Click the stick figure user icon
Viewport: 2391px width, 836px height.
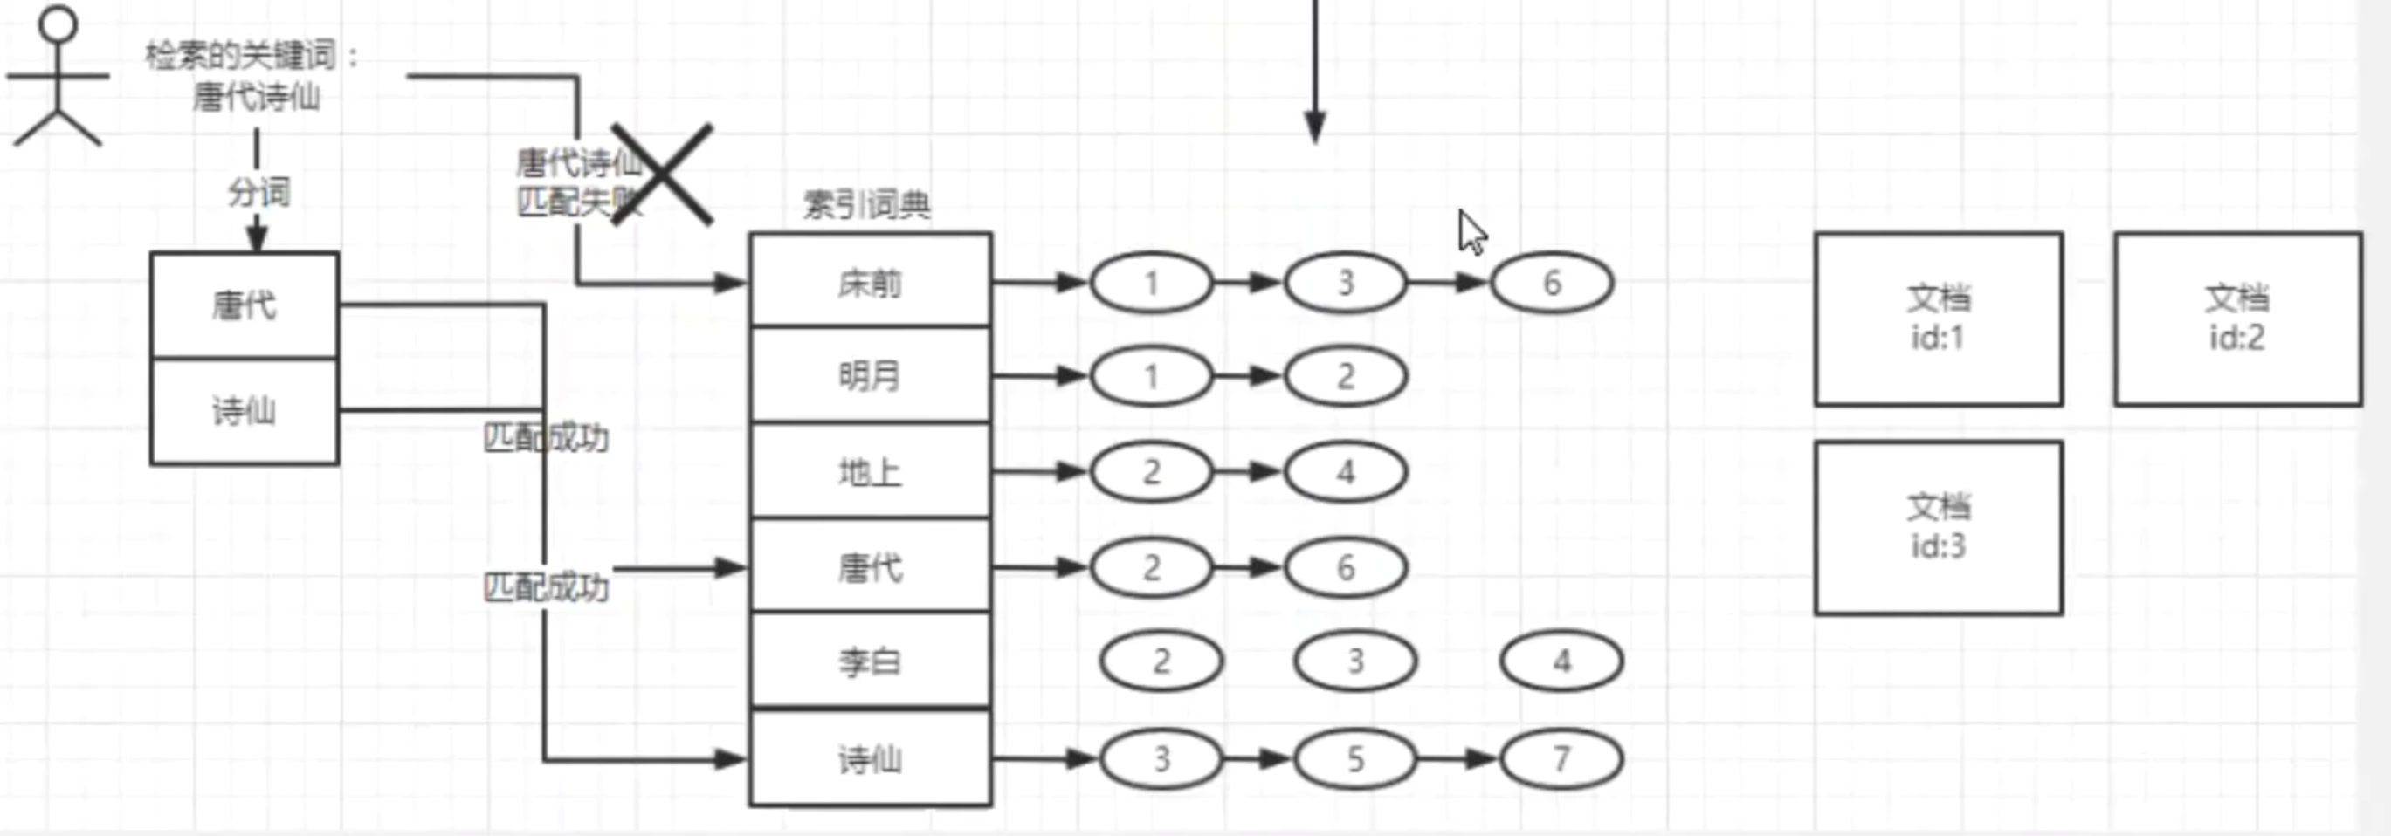click(58, 78)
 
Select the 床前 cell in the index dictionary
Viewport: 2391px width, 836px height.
click(870, 282)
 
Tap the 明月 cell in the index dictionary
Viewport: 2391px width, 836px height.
click(870, 376)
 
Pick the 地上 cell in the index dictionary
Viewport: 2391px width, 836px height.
click(870, 471)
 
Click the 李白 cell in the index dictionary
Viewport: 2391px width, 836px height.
click(870, 661)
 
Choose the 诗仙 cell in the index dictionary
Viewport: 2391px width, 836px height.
click(870, 759)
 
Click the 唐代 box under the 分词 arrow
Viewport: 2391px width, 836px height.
click(245, 305)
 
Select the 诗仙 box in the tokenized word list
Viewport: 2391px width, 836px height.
click(245, 411)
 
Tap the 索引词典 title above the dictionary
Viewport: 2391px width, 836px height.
click(866, 204)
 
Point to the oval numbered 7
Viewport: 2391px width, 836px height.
click(1561, 759)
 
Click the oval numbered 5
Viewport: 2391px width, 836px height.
click(1355, 759)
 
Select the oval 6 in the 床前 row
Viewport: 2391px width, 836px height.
click(1551, 282)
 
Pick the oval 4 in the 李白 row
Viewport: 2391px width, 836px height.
click(1561, 661)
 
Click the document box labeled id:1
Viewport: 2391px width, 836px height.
click(1938, 319)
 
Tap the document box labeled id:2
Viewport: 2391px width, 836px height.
click(2237, 319)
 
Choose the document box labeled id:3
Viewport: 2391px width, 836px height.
click(1938, 527)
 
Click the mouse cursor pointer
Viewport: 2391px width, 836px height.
click(1471, 232)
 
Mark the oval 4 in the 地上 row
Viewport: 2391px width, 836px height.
click(1345, 471)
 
